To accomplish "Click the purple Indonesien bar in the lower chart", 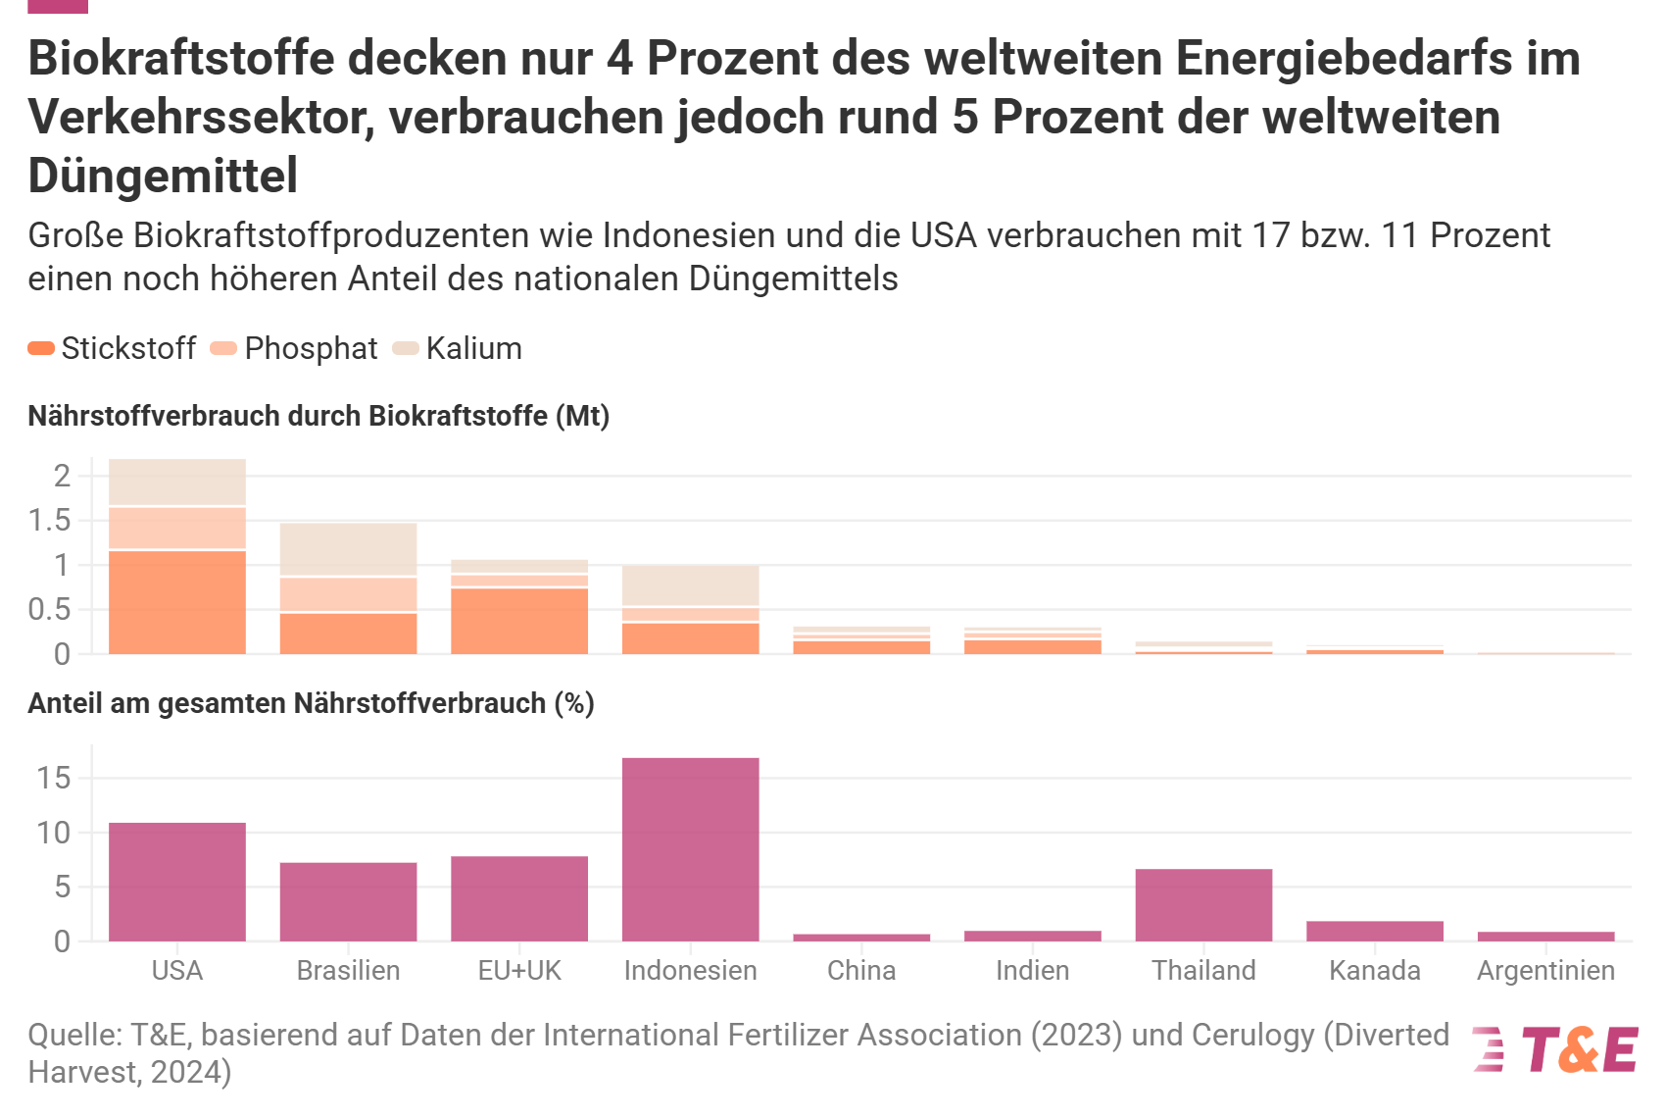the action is [690, 849].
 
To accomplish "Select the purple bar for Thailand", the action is [1203, 905].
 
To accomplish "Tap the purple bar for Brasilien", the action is [348, 902].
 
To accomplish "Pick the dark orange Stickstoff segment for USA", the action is [177, 603].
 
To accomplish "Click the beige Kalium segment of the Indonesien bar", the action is [690, 585].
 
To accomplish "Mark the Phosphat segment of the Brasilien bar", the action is [348, 594].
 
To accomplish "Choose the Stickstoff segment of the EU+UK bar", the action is [519, 622].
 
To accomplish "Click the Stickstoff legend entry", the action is [112, 348].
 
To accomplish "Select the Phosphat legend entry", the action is [295, 348].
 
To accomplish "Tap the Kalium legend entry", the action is [458, 348].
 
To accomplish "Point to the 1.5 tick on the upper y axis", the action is [49, 521].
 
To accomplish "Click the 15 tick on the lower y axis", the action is [54, 778].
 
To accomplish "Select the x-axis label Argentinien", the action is [1545, 971].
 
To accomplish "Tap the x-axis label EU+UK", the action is [519, 971].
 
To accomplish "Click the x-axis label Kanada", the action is [1374, 971].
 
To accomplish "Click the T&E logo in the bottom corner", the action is [1555, 1049].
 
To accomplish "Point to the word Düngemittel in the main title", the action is [163, 176].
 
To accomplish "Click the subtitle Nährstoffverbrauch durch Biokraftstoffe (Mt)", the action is [318, 416].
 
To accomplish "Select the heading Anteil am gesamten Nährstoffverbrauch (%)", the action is [311, 703].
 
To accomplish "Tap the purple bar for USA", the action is [177, 882].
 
